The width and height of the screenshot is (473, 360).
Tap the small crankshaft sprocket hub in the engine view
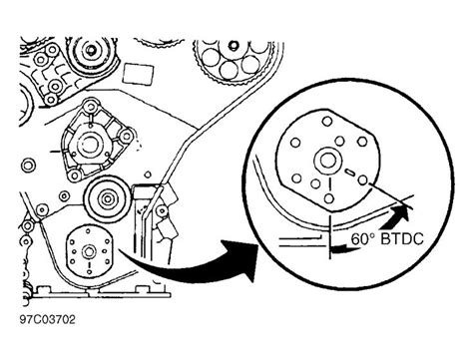point(82,251)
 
